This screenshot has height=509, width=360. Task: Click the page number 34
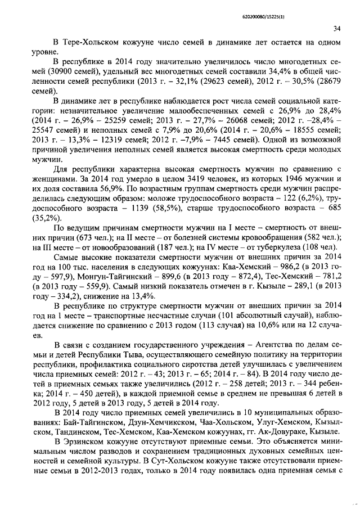click(x=337, y=29)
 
